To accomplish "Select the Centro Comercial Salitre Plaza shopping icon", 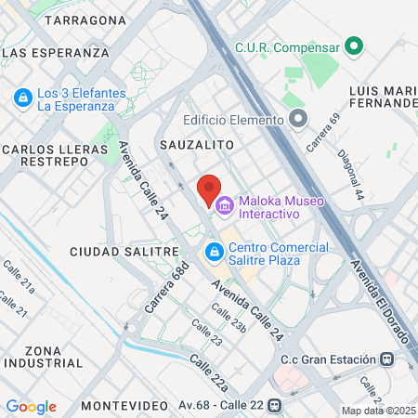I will [214, 252].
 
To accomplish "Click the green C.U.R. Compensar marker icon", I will [353, 46].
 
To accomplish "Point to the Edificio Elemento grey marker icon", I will [297, 119].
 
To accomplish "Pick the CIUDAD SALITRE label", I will [124, 252].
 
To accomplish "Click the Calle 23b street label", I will [228, 318].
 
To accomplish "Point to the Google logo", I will [31, 407].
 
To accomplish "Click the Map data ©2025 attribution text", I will [377, 411].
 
